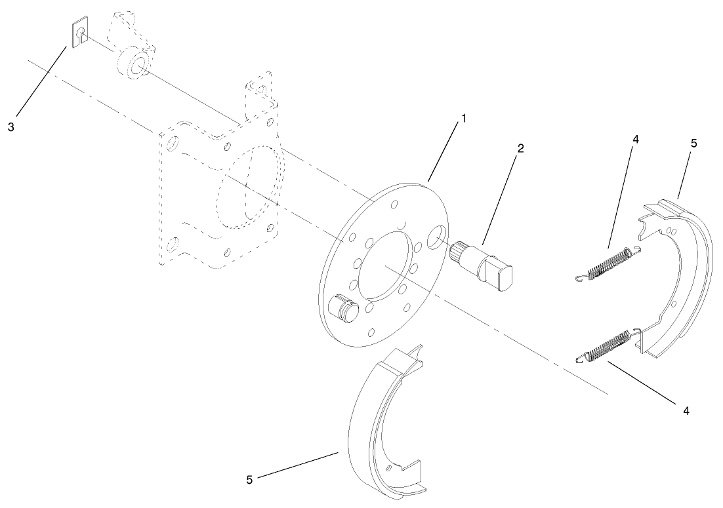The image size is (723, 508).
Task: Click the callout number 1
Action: tap(463, 119)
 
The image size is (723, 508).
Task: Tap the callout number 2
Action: tap(520, 148)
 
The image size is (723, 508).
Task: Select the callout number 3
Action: tap(10, 127)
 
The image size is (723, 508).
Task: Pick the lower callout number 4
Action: tap(686, 411)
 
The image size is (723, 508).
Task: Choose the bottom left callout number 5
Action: tap(249, 480)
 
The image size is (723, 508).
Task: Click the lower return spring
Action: tap(607, 345)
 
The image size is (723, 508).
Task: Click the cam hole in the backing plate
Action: tap(436, 237)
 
